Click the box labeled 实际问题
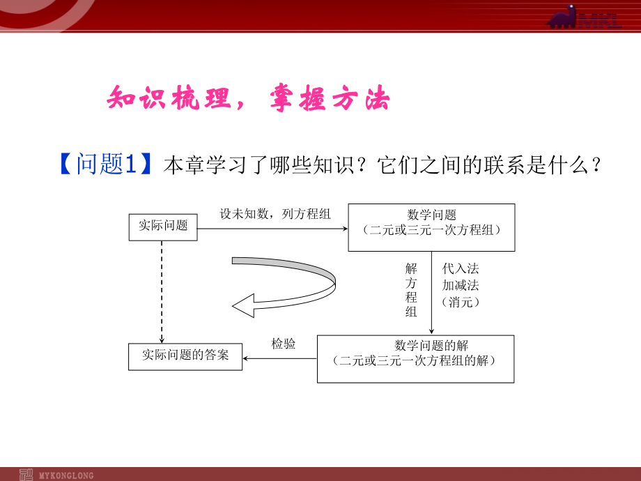[x=163, y=227]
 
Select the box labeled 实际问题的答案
[x=185, y=356]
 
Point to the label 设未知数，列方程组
[x=275, y=214]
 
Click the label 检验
[x=283, y=344]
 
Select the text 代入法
[x=461, y=268]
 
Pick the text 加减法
[x=461, y=285]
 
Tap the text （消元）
[x=461, y=302]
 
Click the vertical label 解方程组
[x=411, y=289]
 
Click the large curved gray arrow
[x=293, y=286]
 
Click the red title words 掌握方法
[x=330, y=100]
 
